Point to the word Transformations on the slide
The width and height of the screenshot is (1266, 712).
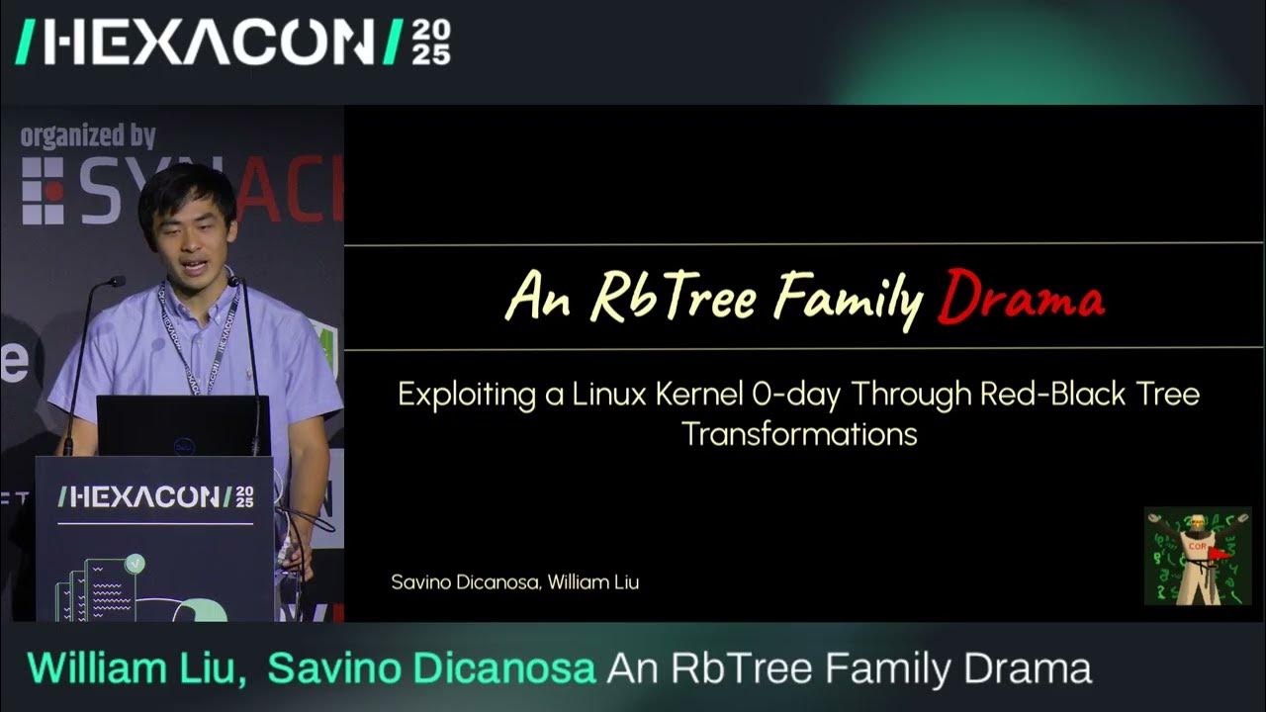click(x=799, y=434)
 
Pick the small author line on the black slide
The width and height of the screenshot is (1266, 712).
click(x=514, y=582)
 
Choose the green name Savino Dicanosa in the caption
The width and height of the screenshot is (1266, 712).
click(x=431, y=668)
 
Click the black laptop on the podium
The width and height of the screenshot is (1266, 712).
click(x=184, y=426)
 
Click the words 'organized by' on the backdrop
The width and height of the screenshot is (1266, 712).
click(x=88, y=135)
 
